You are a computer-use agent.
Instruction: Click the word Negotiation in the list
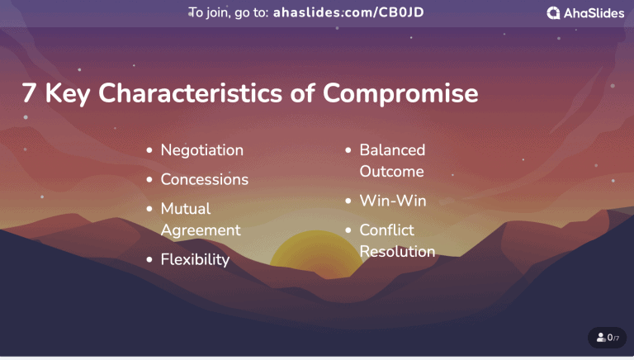pyautogui.click(x=201, y=150)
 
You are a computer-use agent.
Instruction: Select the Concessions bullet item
pyautogui.click(x=204, y=179)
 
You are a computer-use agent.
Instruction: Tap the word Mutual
pyautogui.click(x=186, y=209)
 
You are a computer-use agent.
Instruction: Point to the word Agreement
pyautogui.click(x=201, y=230)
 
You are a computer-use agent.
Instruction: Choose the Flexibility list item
pyautogui.click(x=195, y=260)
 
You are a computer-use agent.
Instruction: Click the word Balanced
pyautogui.click(x=392, y=150)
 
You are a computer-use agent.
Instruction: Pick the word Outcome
pyautogui.click(x=391, y=172)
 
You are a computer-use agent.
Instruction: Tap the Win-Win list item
pyautogui.click(x=392, y=201)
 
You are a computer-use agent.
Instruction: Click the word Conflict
pyautogui.click(x=386, y=230)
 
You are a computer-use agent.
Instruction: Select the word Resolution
pyautogui.click(x=397, y=252)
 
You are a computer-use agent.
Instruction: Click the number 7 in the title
pyautogui.click(x=29, y=93)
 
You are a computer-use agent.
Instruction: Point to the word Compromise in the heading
pyautogui.click(x=400, y=94)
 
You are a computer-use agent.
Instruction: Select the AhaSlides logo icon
pyautogui.click(x=554, y=12)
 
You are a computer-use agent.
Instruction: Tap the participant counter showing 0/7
pyautogui.click(x=608, y=338)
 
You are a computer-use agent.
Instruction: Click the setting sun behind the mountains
pyautogui.click(x=317, y=256)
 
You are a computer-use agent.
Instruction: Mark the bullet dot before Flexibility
pyautogui.click(x=149, y=260)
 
